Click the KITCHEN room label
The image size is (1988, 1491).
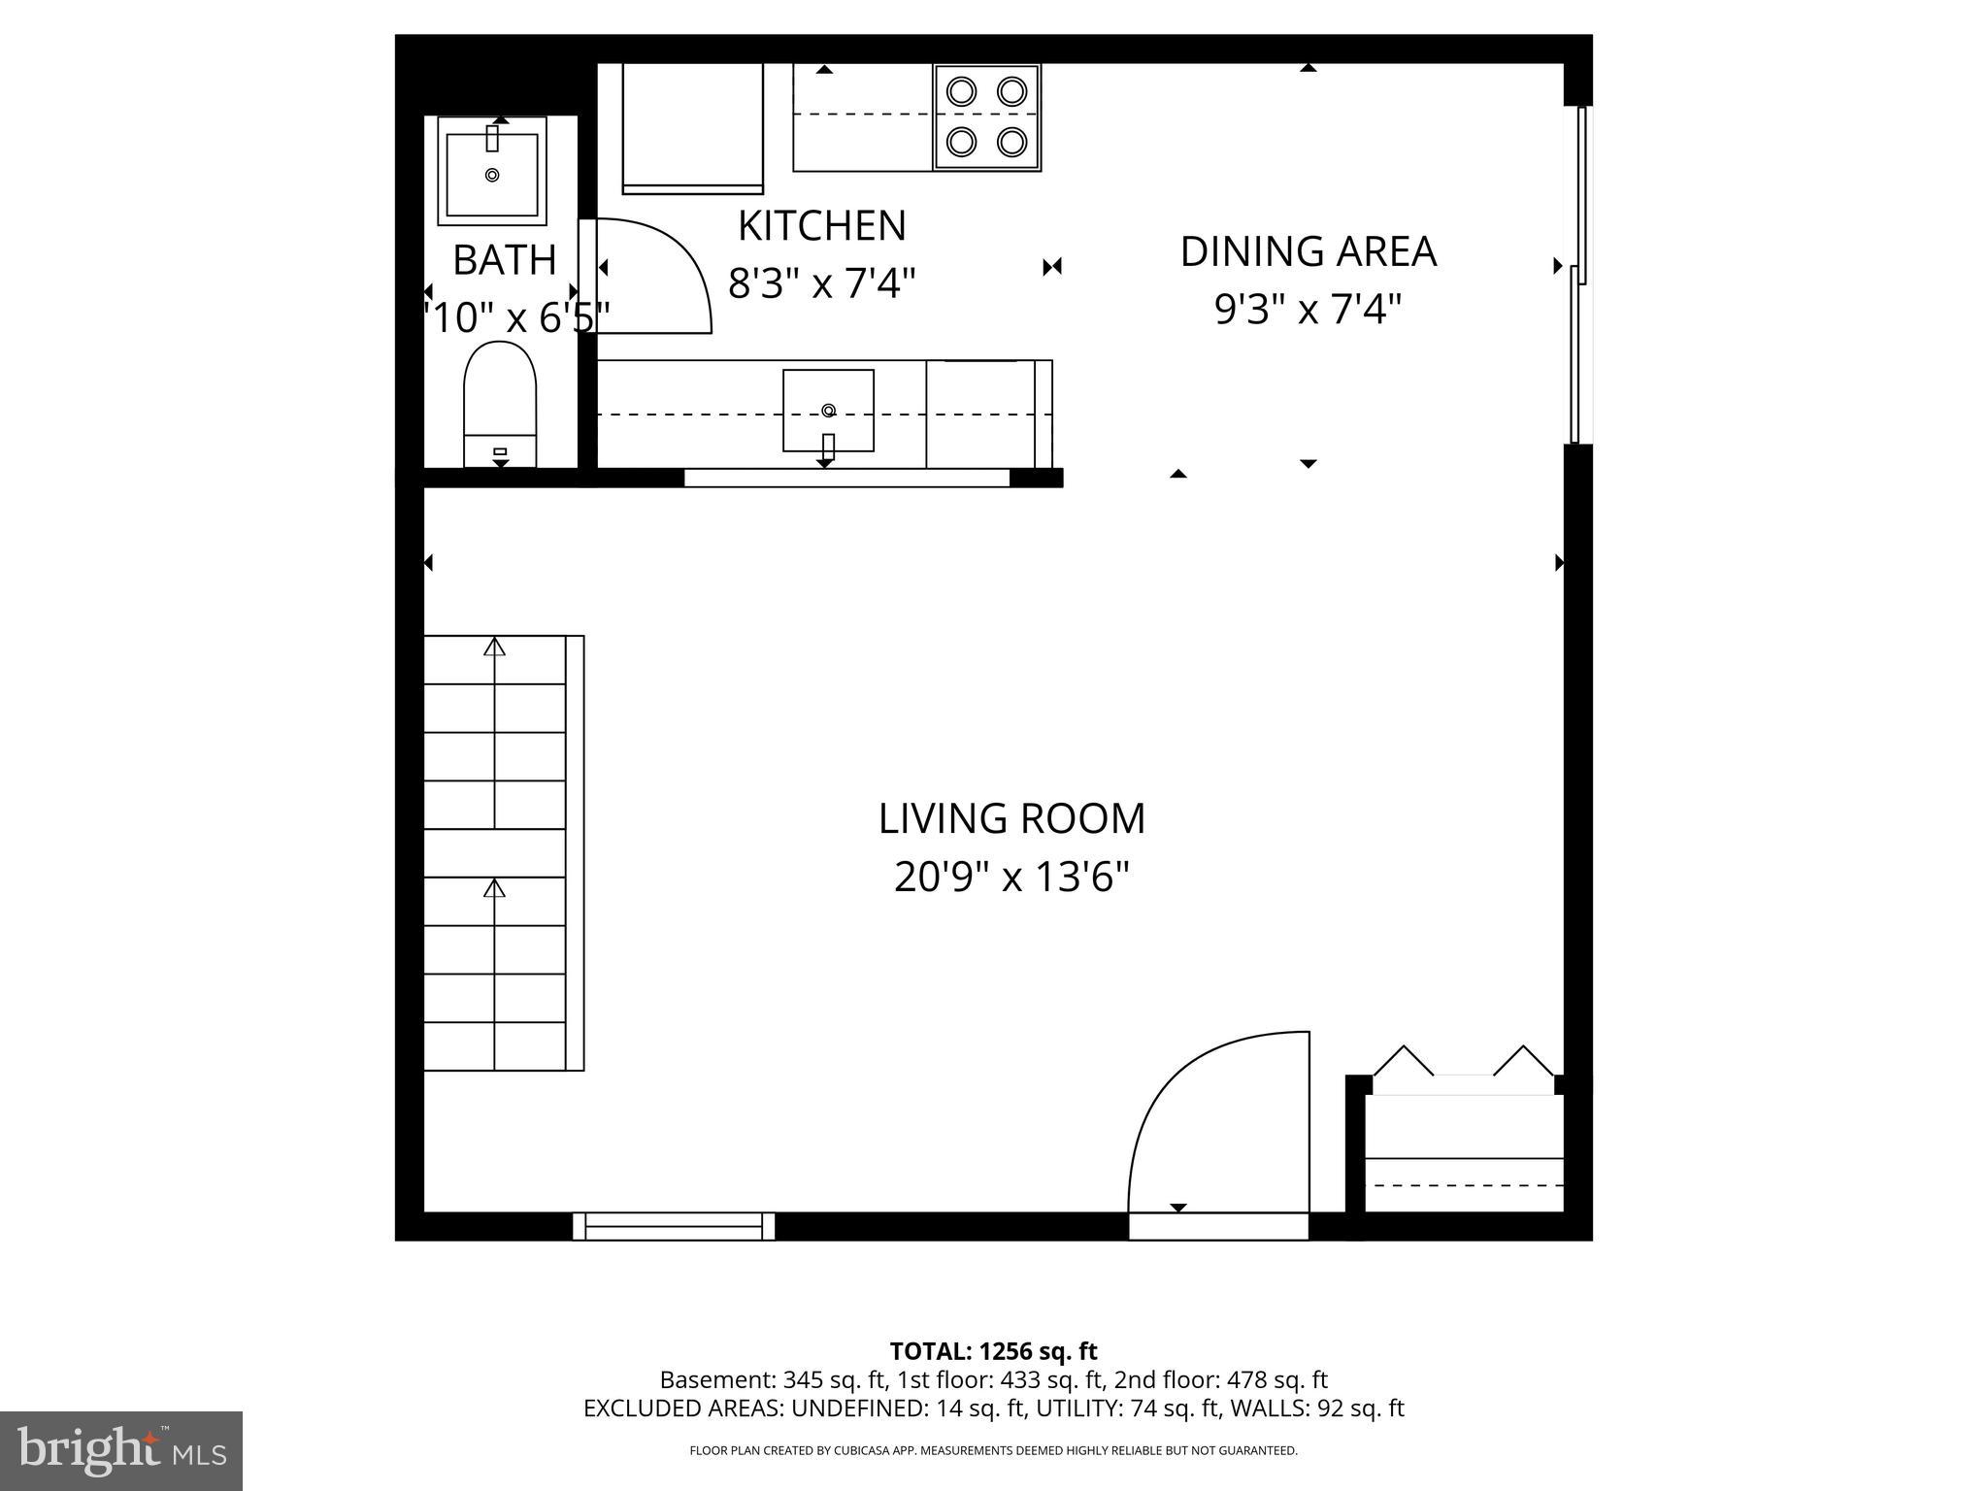click(821, 226)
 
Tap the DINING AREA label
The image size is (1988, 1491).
click(1308, 251)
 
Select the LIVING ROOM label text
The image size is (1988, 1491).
click(1011, 818)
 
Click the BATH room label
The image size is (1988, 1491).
click(504, 260)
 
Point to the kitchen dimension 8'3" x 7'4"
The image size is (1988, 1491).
click(821, 284)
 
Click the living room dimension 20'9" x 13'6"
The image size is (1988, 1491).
click(1011, 878)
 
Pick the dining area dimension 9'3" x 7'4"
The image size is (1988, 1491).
click(1308, 311)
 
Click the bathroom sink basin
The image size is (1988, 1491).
click(492, 174)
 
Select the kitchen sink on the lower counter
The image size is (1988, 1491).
click(828, 410)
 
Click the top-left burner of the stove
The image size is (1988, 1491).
click(961, 91)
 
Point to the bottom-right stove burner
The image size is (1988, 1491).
click(1012, 142)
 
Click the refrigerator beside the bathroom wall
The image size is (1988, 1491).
click(692, 125)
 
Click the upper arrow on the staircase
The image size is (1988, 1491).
click(495, 647)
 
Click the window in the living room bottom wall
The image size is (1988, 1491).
click(674, 1226)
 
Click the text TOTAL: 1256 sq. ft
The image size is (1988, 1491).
click(993, 1351)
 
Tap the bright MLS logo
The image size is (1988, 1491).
click(121, 1450)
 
